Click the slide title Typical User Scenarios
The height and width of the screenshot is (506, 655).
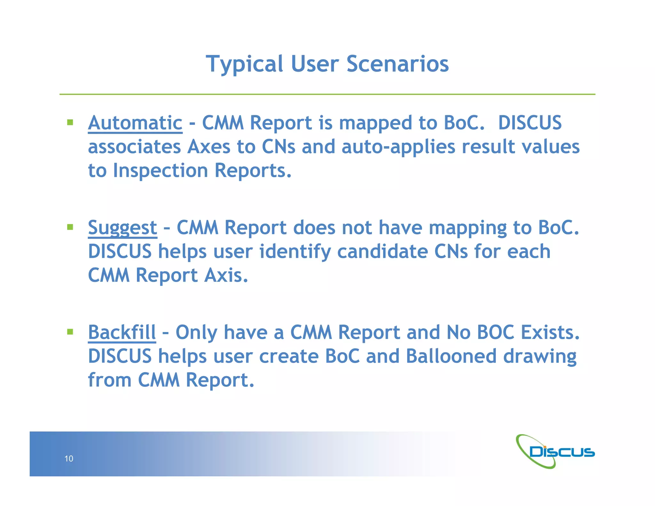click(x=327, y=64)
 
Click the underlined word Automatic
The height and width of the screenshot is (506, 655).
click(x=135, y=123)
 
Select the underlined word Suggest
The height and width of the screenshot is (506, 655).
click(x=122, y=228)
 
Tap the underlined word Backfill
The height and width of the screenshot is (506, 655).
click(x=122, y=333)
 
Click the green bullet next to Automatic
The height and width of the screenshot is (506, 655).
click(x=70, y=122)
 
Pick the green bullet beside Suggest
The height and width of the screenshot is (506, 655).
click(x=70, y=227)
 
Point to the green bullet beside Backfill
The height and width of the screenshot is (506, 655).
click(x=70, y=332)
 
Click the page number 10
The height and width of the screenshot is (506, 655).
click(x=69, y=459)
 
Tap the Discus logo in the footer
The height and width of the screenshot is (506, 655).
click(x=555, y=452)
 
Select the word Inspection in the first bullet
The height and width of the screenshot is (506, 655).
click(x=160, y=170)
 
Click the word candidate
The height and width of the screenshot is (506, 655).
click(x=382, y=252)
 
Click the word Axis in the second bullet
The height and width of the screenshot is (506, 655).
click(x=226, y=275)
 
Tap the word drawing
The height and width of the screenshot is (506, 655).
click(x=540, y=356)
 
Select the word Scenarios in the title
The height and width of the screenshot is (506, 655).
click(x=398, y=64)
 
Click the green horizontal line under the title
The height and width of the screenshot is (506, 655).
click(x=327, y=94)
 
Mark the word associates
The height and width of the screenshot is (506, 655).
click(x=134, y=147)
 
